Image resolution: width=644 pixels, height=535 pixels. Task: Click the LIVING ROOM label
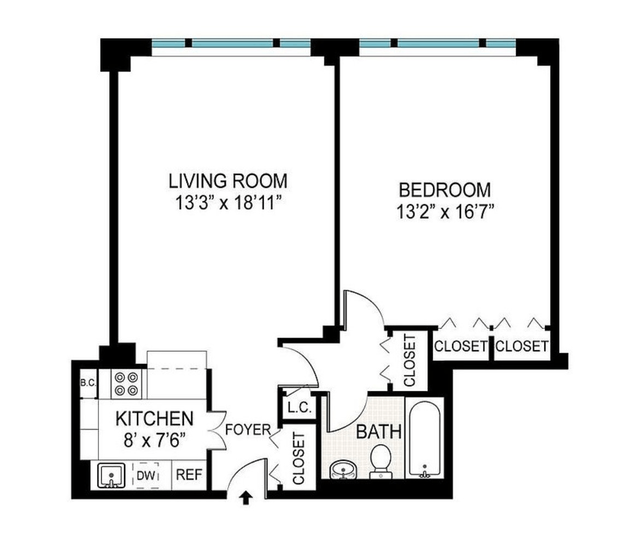click(228, 181)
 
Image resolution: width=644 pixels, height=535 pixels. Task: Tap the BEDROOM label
click(445, 190)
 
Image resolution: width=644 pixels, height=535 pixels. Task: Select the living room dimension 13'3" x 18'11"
click(229, 203)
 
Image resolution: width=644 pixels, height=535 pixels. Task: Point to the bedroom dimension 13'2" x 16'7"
click(445, 212)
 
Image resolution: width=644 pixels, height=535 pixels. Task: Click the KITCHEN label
click(154, 419)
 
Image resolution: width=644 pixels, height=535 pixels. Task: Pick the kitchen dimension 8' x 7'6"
click(154, 440)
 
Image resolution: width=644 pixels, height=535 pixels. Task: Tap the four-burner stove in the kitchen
click(126, 384)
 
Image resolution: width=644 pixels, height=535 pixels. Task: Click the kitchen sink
click(111, 475)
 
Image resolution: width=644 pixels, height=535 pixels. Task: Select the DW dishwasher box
click(147, 475)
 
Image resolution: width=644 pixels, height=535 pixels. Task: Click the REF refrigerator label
click(189, 475)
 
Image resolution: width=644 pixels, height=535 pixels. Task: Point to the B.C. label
click(88, 383)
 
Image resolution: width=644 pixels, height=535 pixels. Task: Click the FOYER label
click(248, 430)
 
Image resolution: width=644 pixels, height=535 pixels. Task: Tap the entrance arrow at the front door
click(246, 498)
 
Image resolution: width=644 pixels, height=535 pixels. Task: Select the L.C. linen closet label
click(300, 408)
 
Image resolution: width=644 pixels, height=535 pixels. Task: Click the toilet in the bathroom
click(380, 461)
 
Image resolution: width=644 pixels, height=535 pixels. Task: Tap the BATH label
click(379, 432)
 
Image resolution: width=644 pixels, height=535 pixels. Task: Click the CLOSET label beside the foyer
click(298, 458)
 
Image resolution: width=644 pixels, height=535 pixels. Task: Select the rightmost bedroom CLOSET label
click(522, 346)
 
